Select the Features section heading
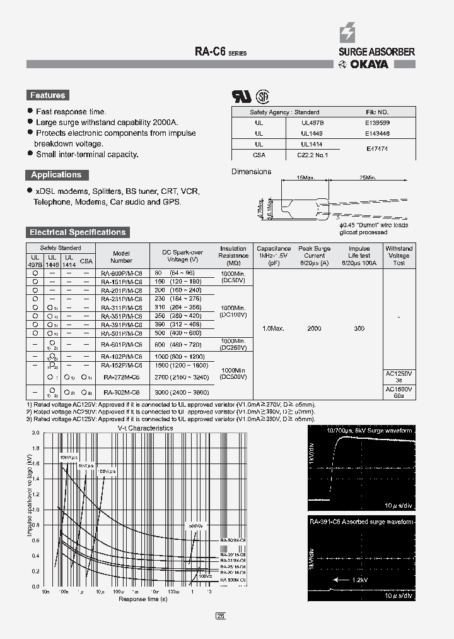click(47, 95)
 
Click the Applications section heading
click(56, 175)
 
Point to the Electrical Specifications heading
click(78, 232)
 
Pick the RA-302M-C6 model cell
click(122, 392)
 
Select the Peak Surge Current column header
click(314, 256)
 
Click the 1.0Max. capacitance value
click(273, 329)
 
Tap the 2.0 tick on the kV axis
click(35, 434)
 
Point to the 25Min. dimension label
click(368, 179)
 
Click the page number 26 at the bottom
click(221, 616)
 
